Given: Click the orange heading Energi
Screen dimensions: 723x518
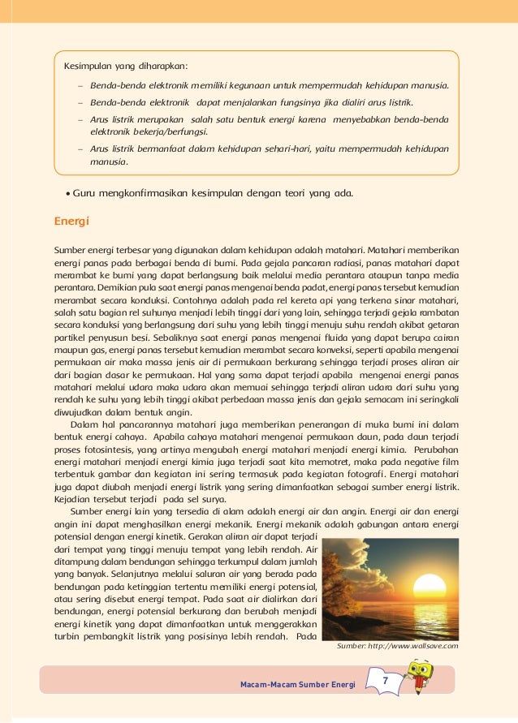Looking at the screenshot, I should point(71,221).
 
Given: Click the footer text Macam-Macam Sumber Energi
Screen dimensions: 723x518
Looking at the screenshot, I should point(298,685).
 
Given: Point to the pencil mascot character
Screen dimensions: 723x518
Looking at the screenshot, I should point(421,674).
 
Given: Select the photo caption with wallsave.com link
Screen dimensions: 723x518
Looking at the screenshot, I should point(397,646).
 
